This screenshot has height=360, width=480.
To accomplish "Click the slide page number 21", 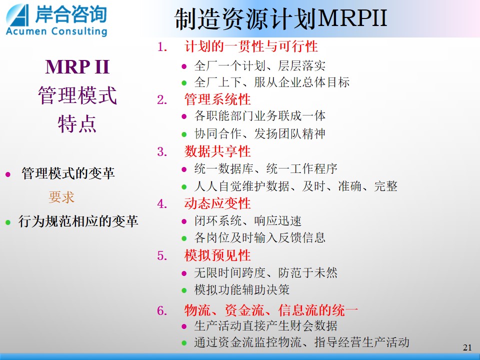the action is tap(467, 347).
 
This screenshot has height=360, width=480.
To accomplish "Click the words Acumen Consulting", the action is tap(56, 31).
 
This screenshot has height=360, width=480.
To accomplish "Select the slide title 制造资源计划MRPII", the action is tap(280, 19).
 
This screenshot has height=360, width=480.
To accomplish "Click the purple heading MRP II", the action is tap(77, 66).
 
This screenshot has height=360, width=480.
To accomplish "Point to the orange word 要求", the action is tap(61, 197).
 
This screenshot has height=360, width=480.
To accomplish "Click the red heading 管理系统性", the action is tap(217, 99).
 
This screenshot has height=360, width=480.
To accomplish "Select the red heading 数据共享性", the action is tap(217, 151).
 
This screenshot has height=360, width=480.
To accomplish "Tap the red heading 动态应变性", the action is tap(217, 203).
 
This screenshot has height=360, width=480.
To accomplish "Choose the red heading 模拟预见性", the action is tap(217, 255).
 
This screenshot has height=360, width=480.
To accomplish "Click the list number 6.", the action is tap(162, 310).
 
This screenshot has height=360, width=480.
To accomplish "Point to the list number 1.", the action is tap(162, 47).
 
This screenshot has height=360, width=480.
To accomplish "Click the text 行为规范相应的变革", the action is tap(78, 221).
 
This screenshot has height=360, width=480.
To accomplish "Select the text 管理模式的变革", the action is tap(68, 173).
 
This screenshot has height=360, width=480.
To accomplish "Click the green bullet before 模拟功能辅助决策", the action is tap(184, 290).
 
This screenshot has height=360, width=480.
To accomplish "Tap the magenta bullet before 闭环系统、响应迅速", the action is tap(184, 221).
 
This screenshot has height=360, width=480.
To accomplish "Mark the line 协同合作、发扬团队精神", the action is tap(259, 134).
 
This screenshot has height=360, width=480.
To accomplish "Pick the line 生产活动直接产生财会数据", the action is tap(265, 326).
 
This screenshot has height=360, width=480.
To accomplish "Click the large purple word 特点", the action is tap(77, 124).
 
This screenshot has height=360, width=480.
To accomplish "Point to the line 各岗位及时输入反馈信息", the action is tap(259, 238).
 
